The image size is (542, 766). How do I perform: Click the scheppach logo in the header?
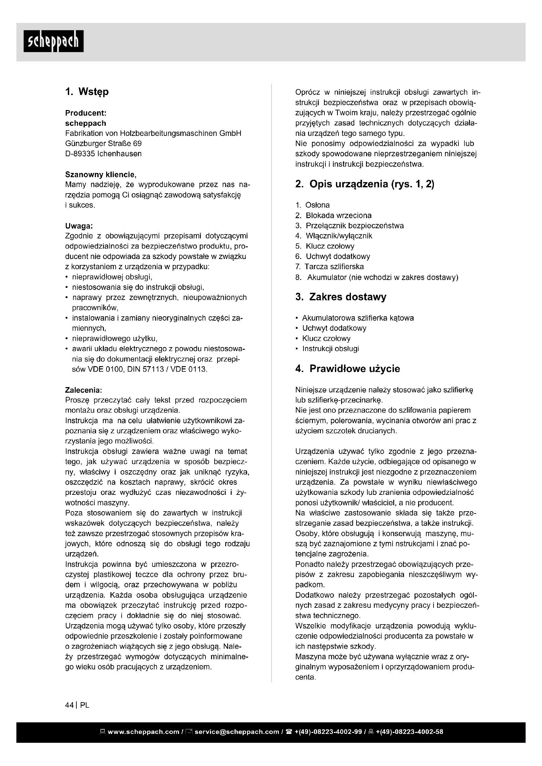[53, 41]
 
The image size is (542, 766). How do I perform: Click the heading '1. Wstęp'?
[87, 92]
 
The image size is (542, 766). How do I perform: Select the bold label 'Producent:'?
[86, 113]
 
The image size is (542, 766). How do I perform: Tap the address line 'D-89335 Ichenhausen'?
[103, 154]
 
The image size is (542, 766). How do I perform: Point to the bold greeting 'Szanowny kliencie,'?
[101, 175]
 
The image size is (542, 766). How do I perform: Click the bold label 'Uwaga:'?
[79, 226]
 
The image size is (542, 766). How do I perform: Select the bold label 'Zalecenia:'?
[84, 390]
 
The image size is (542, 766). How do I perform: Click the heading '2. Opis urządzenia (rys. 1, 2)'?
[364, 184]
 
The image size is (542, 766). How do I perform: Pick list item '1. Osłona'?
[312, 205]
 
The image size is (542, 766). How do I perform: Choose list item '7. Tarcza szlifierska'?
[329, 267]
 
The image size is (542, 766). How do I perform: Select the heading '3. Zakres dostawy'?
[341, 297]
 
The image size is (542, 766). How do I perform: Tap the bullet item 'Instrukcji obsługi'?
[330, 349]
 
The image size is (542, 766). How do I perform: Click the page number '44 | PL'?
[77, 705]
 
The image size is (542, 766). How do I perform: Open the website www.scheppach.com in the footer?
[144, 732]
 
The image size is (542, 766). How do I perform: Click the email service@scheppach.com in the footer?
[237, 732]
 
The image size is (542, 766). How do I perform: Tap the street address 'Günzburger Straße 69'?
[103, 143]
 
